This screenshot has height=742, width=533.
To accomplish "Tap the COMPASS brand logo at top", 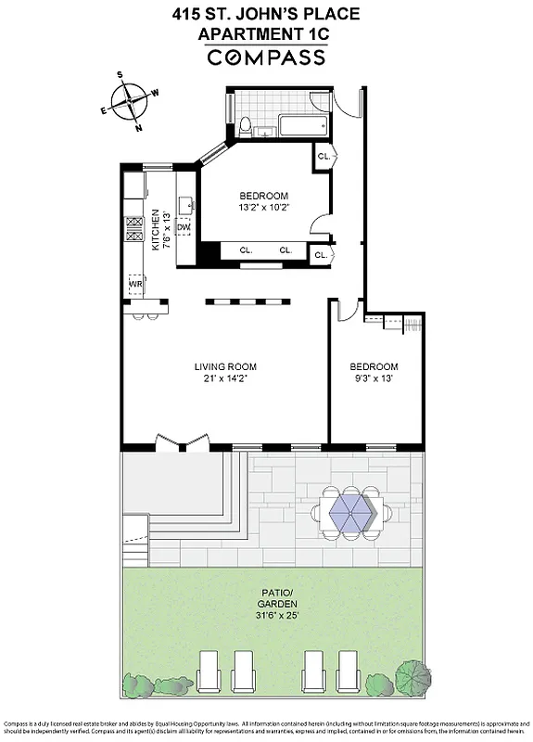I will pyautogui.click(x=266, y=58).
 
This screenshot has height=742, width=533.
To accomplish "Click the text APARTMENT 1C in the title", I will pyautogui.click(x=266, y=34).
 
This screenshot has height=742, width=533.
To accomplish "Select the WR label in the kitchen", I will pyautogui.click(x=134, y=282).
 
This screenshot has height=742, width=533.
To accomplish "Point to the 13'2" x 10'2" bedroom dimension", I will pyautogui.click(x=264, y=210).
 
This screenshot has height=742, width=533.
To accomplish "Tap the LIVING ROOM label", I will pyautogui.click(x=221, y=365).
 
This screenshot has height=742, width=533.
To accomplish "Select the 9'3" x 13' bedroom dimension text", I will pyautogui.click(x=374, y=378).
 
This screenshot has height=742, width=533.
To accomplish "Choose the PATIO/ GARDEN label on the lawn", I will pyautogui.click(x=270, y=605).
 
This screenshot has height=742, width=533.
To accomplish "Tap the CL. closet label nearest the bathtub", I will pyautogui.click(x=324, y=157).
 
